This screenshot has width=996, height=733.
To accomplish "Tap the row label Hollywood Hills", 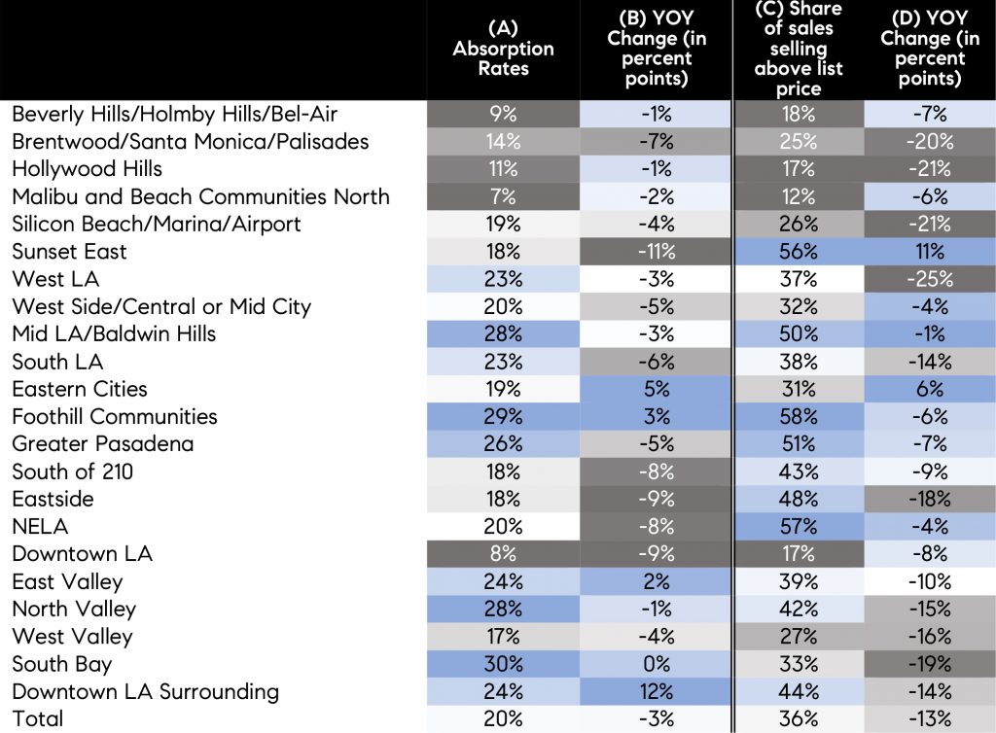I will [x=87, y=169].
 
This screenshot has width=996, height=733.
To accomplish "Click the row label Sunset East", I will [x=70, y=252].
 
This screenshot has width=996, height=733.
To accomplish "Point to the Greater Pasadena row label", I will [x=102, y=444].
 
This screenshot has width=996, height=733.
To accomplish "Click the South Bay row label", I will [x=61, y=665].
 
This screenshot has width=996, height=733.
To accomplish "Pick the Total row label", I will [x=37, y=719].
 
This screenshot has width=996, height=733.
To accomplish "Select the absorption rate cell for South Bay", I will [x=503, y=665].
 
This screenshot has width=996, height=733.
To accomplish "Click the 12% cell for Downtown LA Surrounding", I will [x=657, y=692].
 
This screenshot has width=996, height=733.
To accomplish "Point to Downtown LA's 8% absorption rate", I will [x=503, y=554].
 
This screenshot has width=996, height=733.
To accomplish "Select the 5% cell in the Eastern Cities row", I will [x=657, y=389].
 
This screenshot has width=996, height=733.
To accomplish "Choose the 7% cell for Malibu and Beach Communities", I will [x=503, y=196].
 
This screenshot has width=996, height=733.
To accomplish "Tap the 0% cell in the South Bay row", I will [x=657, y=665].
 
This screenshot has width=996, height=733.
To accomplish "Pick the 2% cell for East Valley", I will [x=657, y=582].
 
